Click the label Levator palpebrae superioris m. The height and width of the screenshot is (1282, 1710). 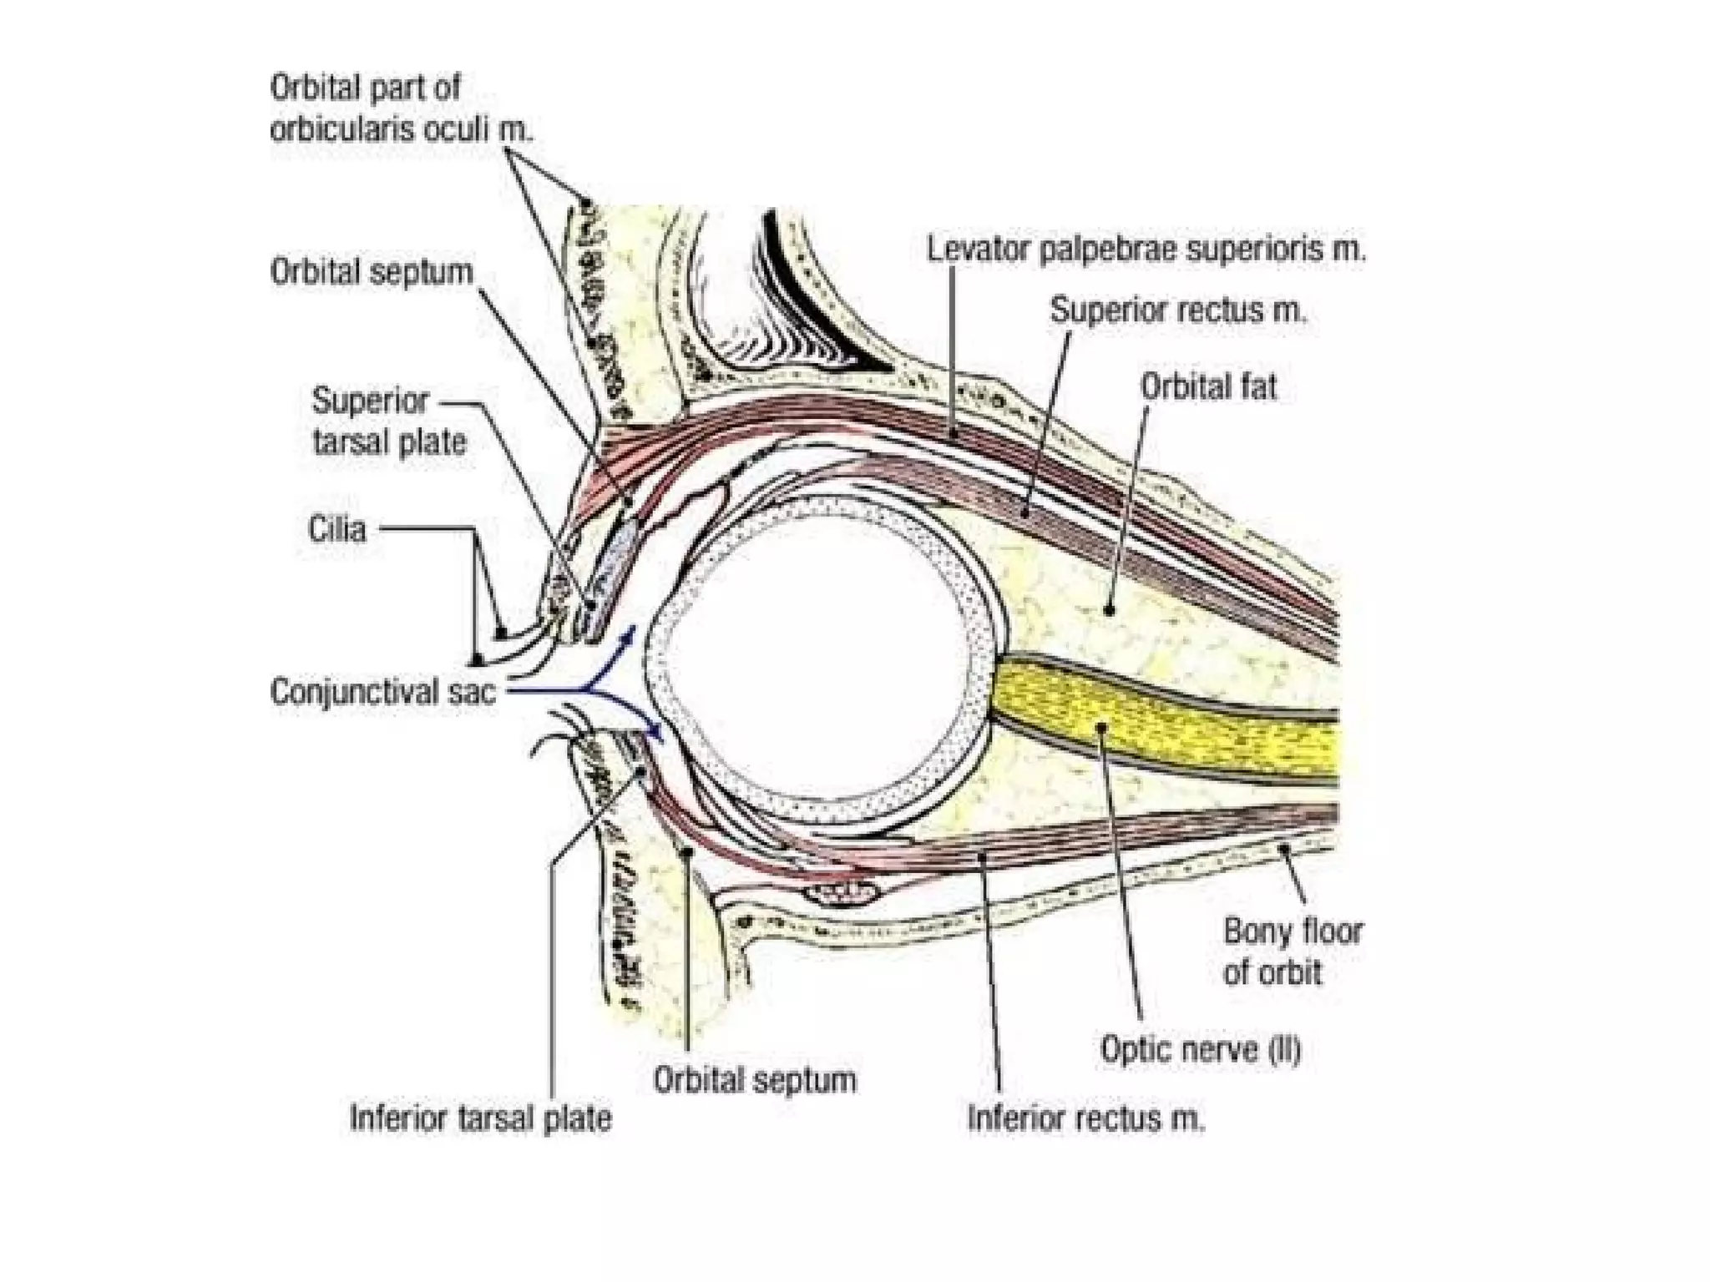click(1146, 250)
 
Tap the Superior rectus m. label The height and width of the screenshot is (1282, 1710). click(1177, 310)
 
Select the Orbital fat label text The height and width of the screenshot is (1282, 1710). click(1208, 387)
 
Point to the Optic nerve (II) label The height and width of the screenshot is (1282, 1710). click(1200, 1049)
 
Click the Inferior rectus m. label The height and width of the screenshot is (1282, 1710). click(1085, 1118)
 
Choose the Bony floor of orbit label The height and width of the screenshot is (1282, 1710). click(1292, 951)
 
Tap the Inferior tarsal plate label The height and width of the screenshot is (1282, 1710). click(480, 1118)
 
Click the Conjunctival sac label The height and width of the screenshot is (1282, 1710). click(382, 692)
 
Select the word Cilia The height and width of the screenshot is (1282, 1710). click(336, 529)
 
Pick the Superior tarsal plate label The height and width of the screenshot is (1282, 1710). click(389, 421)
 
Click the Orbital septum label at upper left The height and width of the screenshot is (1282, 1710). click(372, 272)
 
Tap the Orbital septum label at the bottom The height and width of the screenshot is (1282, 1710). click(754, 1080)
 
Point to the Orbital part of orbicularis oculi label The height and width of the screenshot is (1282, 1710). click(401, 109)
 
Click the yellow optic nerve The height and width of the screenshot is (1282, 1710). click(1169, 726)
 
